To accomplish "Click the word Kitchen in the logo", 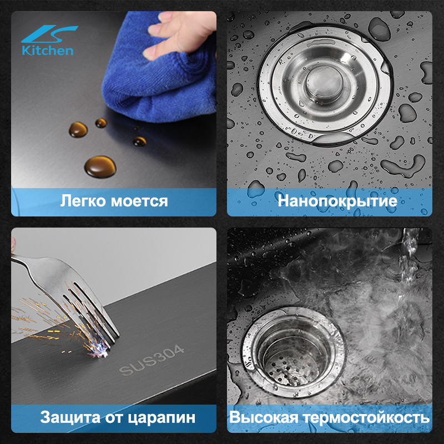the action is click(x=48, y=51).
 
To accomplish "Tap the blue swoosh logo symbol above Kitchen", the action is click(x=49, y=34).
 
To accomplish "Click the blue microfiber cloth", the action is click(x=159, y=71).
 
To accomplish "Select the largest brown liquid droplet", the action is click(x=100, y=167).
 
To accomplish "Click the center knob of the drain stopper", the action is click(x=324, y=82).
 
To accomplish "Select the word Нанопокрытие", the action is click(x=337, y=201).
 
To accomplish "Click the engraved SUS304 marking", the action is click(x=152, y=360).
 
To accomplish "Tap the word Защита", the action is click(x=70, y=418).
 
